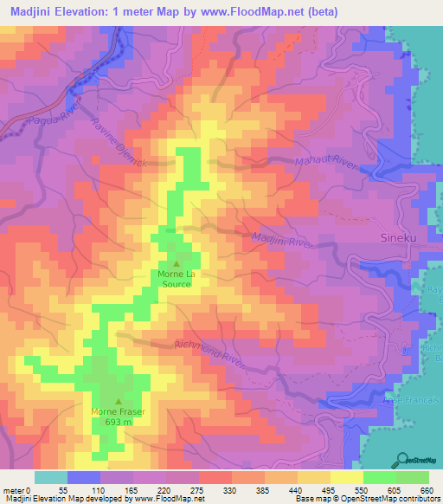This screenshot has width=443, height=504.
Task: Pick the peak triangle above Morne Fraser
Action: tap(119, 401)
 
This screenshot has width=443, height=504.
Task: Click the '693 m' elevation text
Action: tap(119, 423)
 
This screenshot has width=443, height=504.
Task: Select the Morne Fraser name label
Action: tap(119, 412)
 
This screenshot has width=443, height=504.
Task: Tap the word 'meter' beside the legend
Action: tap(11, 489)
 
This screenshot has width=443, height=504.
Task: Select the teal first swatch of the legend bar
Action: tap(51, 477)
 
